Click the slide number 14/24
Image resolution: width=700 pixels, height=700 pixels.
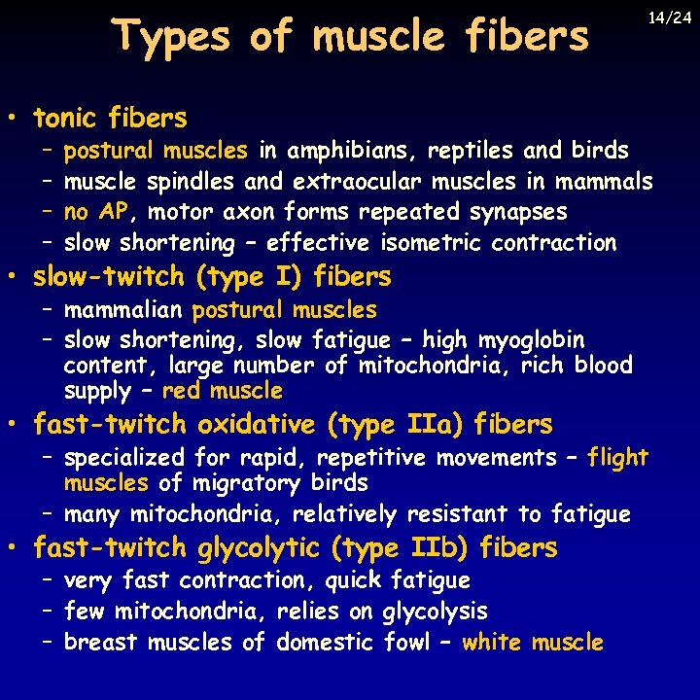click(671, 17)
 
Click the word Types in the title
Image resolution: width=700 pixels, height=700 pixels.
click(171, 37)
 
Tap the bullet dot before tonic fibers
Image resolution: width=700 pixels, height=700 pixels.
click(17, 121)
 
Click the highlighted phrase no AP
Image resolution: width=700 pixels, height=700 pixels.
click(95, 212)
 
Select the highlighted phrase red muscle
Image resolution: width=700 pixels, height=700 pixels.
click(223, 391)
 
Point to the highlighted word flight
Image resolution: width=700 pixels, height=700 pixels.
click(617, 457)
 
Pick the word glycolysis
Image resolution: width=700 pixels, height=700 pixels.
click(435, 612)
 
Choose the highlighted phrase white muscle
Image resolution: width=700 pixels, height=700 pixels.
click(533, 643)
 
